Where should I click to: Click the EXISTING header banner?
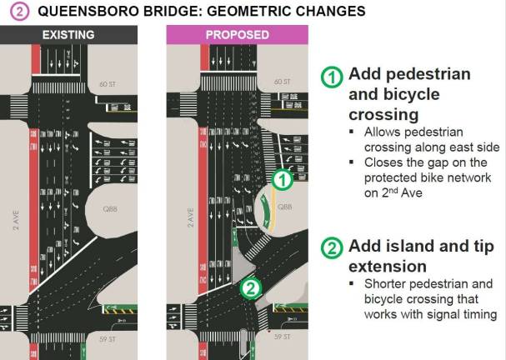[80, 35]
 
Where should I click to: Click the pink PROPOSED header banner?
[237, 35]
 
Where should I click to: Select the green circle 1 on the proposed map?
[283, 177]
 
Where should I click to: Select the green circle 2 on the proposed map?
[249, 288]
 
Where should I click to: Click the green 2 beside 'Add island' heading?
[333, 248]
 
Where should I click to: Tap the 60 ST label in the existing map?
[128, 84]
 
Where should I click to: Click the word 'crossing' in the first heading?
[383, 114]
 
